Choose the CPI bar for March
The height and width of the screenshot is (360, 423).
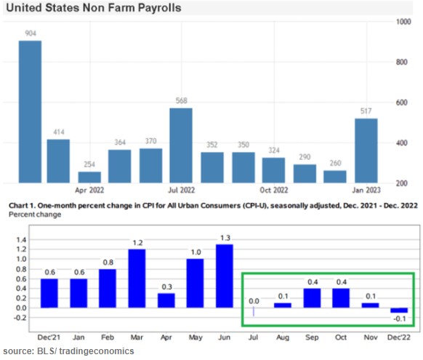pyautogui.click(x=137, y=281)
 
